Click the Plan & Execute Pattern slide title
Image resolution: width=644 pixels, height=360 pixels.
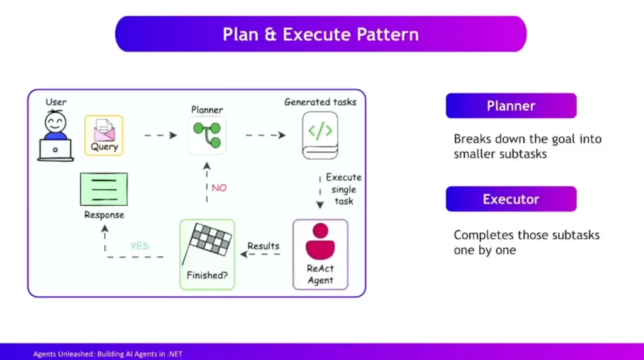click(321, 34)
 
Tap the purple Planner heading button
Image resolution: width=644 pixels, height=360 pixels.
click(511, 106)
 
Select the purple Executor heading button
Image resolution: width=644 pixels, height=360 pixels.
click(511, 199)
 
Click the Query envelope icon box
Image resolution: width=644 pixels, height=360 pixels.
click(104, 135)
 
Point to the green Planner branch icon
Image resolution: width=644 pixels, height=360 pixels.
click(207, 135)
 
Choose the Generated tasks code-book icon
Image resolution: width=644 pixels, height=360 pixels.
click(320, 134)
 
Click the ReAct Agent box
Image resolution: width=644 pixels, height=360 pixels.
click(320, 254)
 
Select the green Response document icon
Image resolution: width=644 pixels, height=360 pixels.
click(104, 189)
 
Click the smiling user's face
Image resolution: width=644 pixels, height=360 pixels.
click(55, 121)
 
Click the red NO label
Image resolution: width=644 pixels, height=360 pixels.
click(219, 188)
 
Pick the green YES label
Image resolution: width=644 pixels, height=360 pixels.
click(140, 245)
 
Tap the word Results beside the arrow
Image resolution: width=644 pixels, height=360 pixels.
click(263, 245)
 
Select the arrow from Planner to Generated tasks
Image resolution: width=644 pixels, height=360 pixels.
click(264, 135)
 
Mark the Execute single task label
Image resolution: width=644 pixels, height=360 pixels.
click(343, 189)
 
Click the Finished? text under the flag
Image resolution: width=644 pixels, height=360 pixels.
click(207, 275)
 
